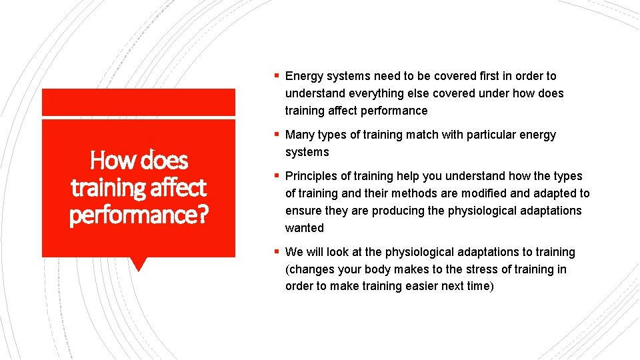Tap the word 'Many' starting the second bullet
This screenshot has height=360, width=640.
pyautogui.click(x=300, y=135)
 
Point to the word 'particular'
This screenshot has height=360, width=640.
pyautogui.click(x=490, y=135)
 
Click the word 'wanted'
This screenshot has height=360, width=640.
pyautogui.click(x=304, y=228)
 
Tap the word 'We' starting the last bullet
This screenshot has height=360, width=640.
pyautogui.click(x=293, y=252)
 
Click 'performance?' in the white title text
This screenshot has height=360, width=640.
pyautogui.click(x=139, y=215)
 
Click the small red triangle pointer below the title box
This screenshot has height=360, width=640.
pyautogui.click(x=138, y=263)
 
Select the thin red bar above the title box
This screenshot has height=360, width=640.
pyautogui.click(x=138, y=102)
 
